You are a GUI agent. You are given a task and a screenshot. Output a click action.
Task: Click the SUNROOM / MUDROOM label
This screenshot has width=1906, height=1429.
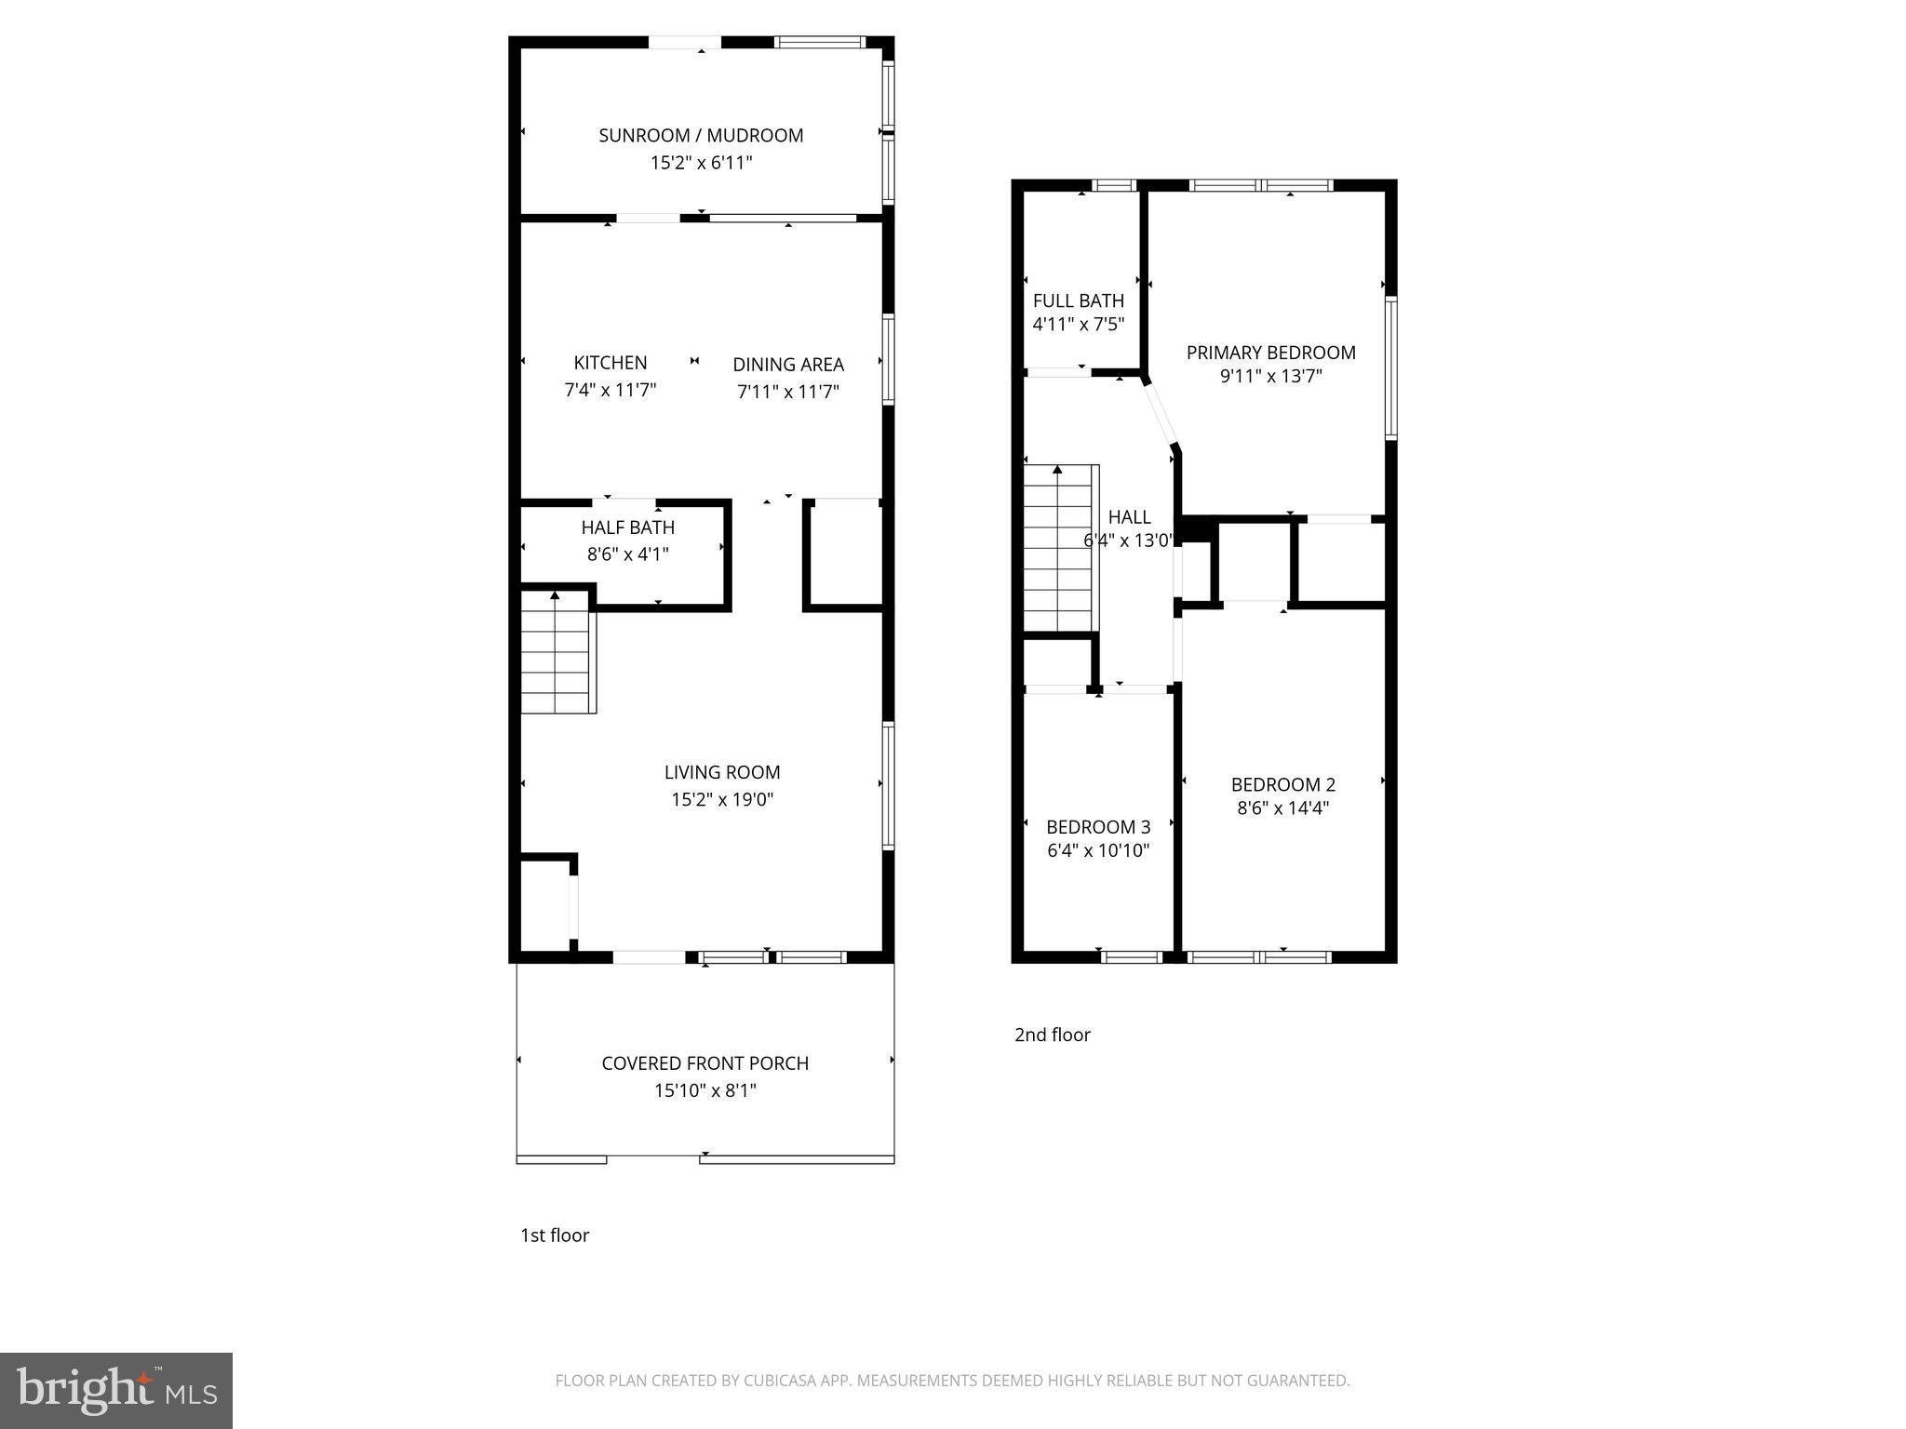[x=701, y=136]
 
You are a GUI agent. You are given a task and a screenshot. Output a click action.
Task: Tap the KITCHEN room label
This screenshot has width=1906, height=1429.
[x=611, y=363]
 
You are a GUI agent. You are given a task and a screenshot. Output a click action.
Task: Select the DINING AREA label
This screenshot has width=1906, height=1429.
[x=788, y=365]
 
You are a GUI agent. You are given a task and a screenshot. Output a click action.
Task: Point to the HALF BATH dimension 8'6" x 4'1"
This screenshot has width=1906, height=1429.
[x=628, y=554]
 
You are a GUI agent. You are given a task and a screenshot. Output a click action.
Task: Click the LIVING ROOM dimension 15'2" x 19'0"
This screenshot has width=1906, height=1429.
[x=722, y=799]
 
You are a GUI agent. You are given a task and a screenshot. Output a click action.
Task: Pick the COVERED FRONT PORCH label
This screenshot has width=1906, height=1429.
[x=705, y=1063]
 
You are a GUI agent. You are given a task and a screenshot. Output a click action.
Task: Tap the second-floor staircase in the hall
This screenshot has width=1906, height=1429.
[x=1059, y=549]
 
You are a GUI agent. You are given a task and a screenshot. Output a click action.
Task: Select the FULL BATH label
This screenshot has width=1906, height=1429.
[x=1079, y=300]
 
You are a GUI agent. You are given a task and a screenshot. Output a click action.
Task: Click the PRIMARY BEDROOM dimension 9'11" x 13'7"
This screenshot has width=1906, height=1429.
[x=1270, y=376]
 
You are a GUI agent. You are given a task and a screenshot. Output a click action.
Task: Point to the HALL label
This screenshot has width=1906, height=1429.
[x=1129, y=517]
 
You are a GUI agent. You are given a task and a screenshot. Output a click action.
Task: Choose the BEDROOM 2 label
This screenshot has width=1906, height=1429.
[x=1282, y=784]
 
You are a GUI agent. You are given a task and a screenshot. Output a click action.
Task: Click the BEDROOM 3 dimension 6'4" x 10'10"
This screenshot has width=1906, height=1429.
[x=1098, y=850]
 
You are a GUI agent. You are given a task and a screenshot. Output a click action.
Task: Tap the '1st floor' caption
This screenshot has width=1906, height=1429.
[x=555, y=1235]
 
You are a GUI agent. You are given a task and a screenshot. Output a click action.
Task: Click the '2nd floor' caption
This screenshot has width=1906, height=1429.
[x=1052, y=1035]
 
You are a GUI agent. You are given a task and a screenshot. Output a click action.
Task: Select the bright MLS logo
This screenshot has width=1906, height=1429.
[x=115, y=1391]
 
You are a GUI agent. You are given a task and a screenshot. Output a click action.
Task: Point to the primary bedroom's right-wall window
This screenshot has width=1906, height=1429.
[x=1390, y=367]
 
